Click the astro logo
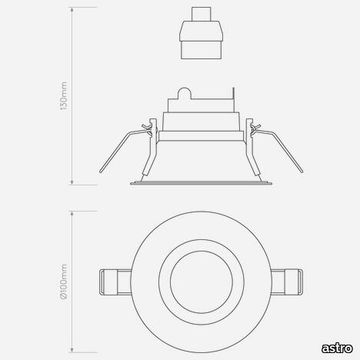pos(337,348)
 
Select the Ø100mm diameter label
pos(64,282)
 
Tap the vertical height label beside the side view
pos(64,96)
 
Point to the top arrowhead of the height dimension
pos(72,10)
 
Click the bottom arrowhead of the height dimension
pos(72,182)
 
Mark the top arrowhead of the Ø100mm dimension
pos(72,214)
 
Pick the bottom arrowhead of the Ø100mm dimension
pos(72,350)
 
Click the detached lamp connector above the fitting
pos(201,33)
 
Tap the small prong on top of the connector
pos(201,14)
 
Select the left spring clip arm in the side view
pos(124,150)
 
